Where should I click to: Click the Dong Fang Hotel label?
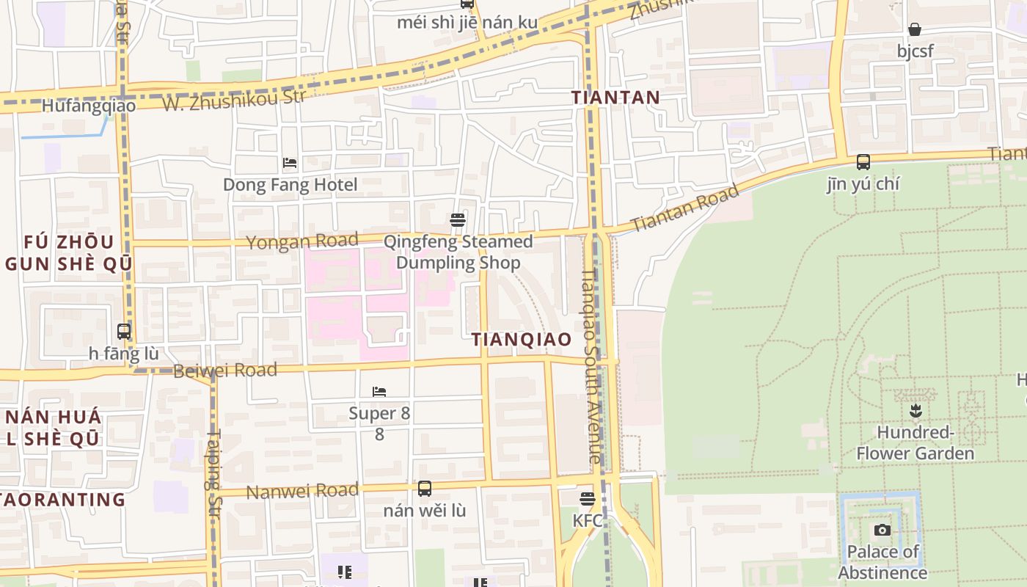[290, 184]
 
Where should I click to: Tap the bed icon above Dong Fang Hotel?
[290, 162]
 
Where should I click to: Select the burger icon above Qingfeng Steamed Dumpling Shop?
[458, 220]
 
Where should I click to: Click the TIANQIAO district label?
[522, 339]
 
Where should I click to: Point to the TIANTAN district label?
[616, 97]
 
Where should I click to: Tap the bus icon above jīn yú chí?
[863, 162]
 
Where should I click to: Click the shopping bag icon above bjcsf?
[915, 30]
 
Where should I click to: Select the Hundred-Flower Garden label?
[915, 443]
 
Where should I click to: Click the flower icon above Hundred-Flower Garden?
[915, 410]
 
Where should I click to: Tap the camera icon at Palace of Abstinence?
[882, 530]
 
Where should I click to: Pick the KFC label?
[588, 520]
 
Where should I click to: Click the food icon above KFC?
[587, 499]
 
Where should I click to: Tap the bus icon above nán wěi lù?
[424, 489]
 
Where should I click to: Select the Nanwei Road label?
[302, 491]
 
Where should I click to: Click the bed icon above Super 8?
[379, 392]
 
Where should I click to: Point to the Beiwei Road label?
[225, 370]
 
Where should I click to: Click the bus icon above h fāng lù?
[124, 332]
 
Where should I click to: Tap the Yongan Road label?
[302, 241]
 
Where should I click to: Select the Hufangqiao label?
[89, 106]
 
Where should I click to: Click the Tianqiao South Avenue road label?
[591, 367]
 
